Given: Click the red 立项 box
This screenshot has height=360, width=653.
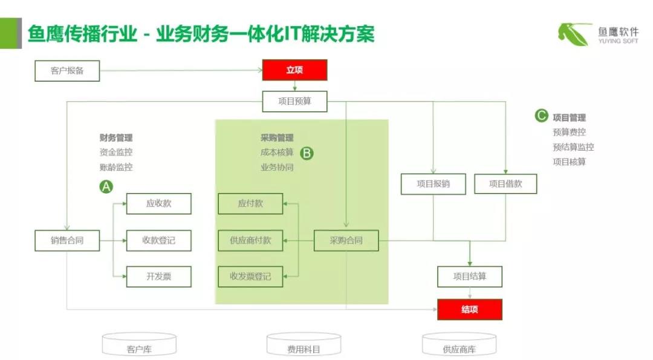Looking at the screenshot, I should point(294,70).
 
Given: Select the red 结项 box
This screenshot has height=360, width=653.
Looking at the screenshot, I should point(470,310).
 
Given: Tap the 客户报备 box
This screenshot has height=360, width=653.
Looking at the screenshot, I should point(67,71).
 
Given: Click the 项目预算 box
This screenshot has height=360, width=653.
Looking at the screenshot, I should point(294,101).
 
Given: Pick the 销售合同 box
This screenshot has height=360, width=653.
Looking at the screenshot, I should point(67,241).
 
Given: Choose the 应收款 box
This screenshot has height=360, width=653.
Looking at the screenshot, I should point(158,204).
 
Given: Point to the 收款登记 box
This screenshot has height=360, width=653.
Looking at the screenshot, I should point(158,241).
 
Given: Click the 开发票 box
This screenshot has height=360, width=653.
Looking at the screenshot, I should point(158,277).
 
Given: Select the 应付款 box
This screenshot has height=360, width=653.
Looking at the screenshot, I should point(250,204).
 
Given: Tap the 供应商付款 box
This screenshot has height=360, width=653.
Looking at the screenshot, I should point(250,241).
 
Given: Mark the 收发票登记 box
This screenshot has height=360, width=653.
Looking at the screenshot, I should point(250,277).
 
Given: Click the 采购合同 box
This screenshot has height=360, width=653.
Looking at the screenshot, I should point(346,241).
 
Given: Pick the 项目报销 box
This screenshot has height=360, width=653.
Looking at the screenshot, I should point(434,184).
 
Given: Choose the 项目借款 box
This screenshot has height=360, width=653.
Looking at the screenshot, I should point(505,184).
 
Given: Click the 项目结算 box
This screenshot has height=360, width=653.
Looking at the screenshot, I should point(470,277).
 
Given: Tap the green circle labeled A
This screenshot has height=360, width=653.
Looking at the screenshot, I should point(106,187).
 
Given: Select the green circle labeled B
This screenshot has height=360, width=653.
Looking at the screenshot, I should point(307,153).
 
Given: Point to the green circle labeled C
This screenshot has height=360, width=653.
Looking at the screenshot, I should point(541,116).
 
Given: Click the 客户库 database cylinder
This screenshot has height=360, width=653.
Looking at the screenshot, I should point(139,345).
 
